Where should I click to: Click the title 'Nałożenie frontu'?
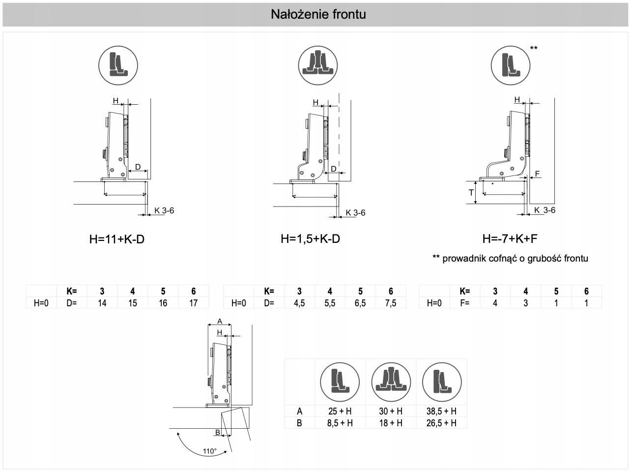[x=318, y=14]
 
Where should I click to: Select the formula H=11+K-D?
[x=117, y=239]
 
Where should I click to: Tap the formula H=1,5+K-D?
[x=310, y=239]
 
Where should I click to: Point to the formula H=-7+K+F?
[x=510, y=239]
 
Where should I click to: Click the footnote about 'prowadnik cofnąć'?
[x=510, y=258]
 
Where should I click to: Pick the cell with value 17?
[x=193, y=303]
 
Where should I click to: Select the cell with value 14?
[x=102, y=303]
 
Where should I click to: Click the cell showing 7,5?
[x=391, y=303]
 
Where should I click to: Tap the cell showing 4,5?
[x=299, y=303]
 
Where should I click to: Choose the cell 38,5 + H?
[x=441, y=411]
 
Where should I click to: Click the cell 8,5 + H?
[x=340, y=423]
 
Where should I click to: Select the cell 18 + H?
[x=391, y=423]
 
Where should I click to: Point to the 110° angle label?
[x=209, y=451]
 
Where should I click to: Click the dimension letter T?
[x=471, y=192]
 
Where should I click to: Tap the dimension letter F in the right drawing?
[x=537, y=174]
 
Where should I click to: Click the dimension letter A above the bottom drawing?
[x=220, y=322]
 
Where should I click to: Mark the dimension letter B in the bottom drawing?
[x=217, y=432]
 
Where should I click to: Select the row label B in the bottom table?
[x=299, y=423]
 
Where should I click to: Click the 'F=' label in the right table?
[x=464, y=303]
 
